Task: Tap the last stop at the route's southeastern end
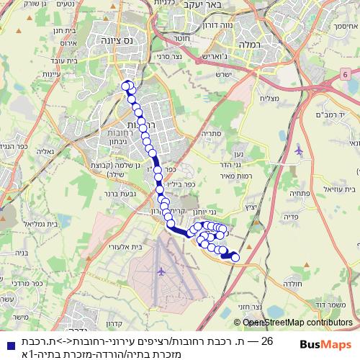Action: point(235,256)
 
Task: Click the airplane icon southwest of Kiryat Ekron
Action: point(160,271)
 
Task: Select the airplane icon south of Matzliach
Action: point(299,150)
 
